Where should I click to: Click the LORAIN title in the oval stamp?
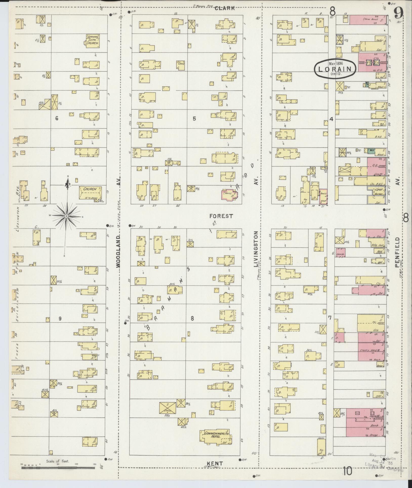click(335, 69)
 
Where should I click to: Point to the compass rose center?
click(66, 216)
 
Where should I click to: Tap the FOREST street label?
click(221, 216)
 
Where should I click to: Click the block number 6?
click(57, 118)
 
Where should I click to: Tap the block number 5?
click(194, 118)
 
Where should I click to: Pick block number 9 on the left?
click(60, 319)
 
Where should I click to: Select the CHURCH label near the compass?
click(90, 189)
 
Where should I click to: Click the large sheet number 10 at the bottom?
click(348, 471)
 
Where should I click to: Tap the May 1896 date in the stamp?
click(336, 63)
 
